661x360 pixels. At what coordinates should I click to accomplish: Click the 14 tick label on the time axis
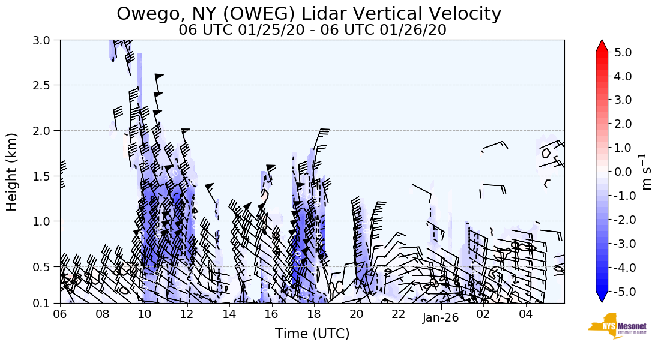click(229, 314)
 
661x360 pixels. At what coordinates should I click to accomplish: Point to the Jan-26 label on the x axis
click(440, 318)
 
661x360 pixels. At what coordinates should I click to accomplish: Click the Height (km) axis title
click(13, 172)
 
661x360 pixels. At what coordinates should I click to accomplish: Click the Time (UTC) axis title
click(312, 334)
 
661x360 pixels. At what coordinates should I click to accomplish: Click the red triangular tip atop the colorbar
click(602, 46)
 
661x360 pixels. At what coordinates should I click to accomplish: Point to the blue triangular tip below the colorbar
click(602, 298)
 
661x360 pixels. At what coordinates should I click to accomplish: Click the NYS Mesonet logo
click(609, 326)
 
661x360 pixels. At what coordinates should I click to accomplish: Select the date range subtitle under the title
click(312, 30)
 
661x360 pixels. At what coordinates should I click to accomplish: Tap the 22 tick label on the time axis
click(399, 314)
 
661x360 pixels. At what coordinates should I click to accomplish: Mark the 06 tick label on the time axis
click(60, 314)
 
